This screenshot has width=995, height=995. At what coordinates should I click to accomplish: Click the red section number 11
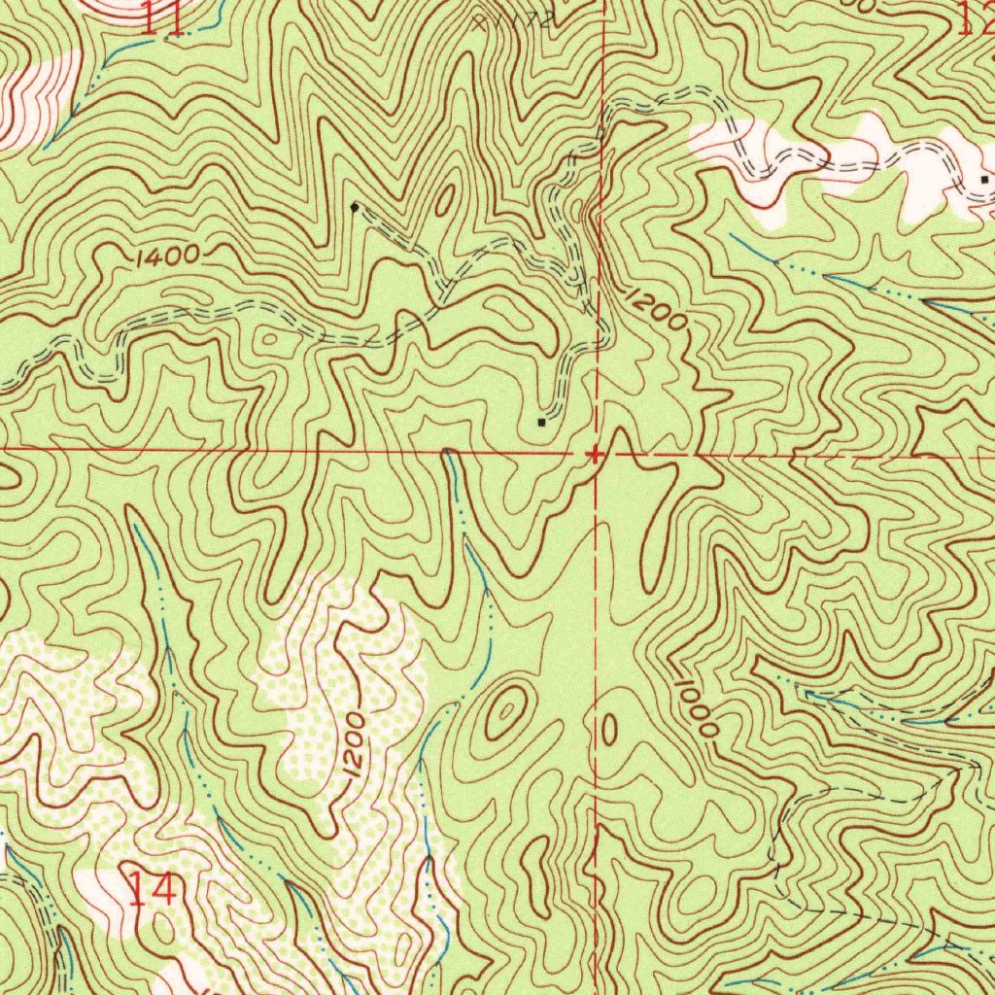click(161, 18)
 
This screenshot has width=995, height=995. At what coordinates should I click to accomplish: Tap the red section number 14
click(152, 889)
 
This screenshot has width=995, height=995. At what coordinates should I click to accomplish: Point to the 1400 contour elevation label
click(167, 257)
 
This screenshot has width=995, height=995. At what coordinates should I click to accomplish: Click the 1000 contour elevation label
click(697, 706)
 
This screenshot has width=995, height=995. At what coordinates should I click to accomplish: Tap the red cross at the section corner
click(594, 453)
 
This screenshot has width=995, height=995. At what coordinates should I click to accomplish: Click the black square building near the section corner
click(541, 422)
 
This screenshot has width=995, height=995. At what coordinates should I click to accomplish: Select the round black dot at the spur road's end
click(354, 207)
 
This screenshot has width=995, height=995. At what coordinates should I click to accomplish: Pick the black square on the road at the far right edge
click(985, 180)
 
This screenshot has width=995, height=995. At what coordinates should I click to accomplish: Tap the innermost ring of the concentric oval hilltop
click(506, 714)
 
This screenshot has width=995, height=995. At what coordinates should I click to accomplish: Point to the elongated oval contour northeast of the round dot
click(445, 200)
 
